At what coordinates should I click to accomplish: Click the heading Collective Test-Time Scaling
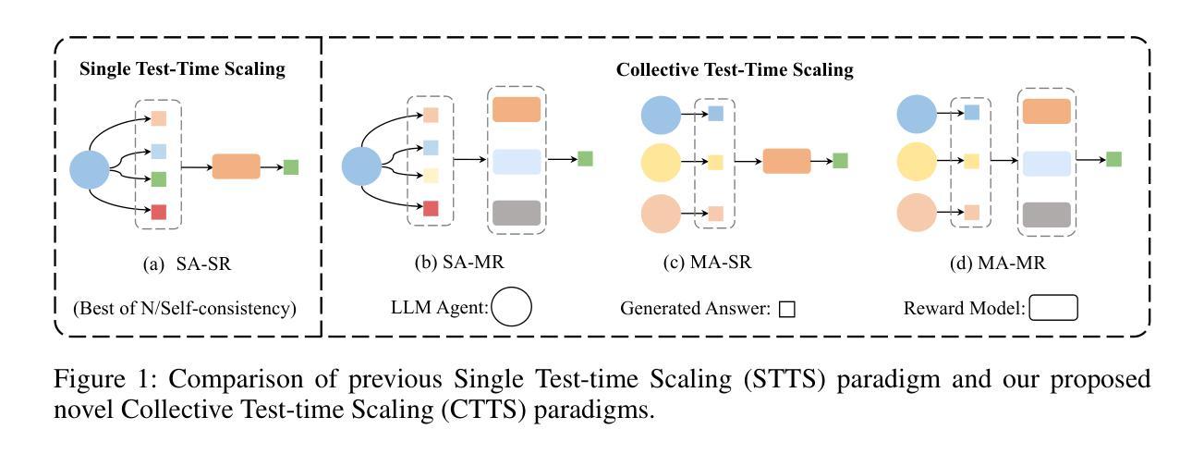click(x=735, y=69)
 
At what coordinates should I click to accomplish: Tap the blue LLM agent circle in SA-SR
click(x=89, y=168)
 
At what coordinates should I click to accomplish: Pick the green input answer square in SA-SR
click(x=158, y=178)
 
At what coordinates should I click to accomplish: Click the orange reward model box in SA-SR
click(x=237, y=166)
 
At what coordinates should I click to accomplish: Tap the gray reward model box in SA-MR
click(x=516, y=213)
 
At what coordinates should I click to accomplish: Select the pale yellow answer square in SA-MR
click(x=431, y=176)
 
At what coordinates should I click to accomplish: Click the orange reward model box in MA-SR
click(x=786, y=161)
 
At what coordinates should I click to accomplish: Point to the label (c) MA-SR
click(x=708, y=263)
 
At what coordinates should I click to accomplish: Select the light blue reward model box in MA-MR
click(x=1046, y=162)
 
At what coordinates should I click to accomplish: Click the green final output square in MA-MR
click(x=1113, y=159)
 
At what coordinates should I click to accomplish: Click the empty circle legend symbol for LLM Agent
click(x=511, y=308)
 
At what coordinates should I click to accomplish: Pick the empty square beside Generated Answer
click(x=786, y=310)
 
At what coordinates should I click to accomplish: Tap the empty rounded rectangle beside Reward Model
click(x=1053, y=308)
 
